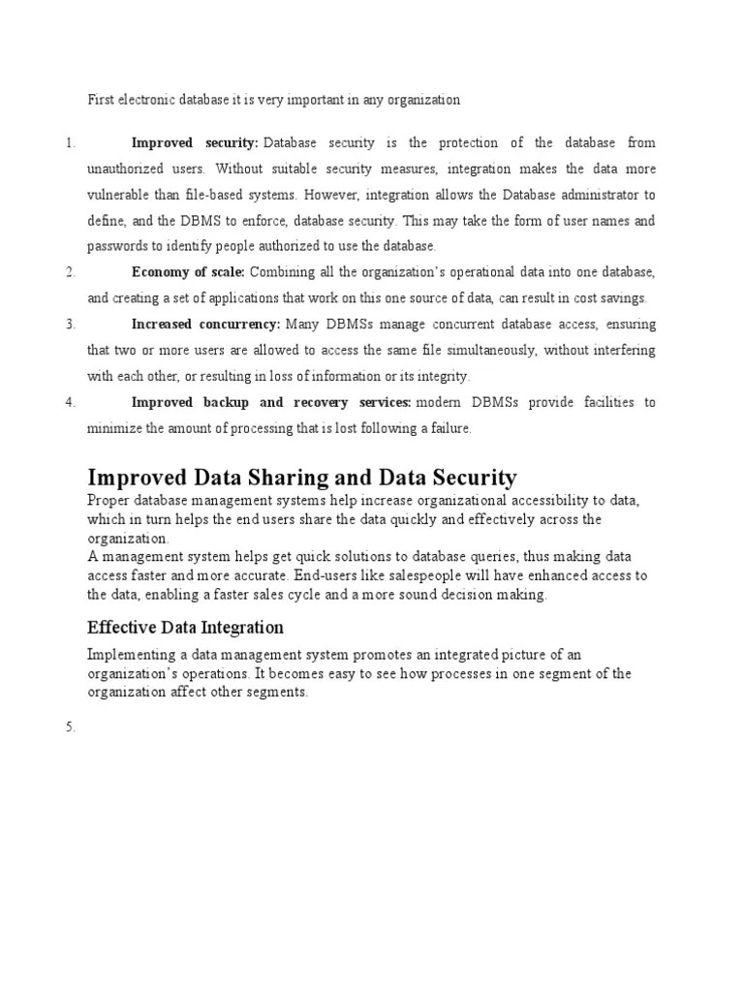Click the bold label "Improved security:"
195,142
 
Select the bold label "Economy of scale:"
188,272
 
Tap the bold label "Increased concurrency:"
205,324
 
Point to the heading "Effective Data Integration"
185,627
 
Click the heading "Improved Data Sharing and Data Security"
302,477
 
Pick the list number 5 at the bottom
71,728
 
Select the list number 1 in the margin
71,143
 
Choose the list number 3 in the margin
71,325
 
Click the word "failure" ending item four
449,428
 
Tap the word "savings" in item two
623,298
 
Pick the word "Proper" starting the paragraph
108,501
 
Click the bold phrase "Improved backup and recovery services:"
271,402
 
